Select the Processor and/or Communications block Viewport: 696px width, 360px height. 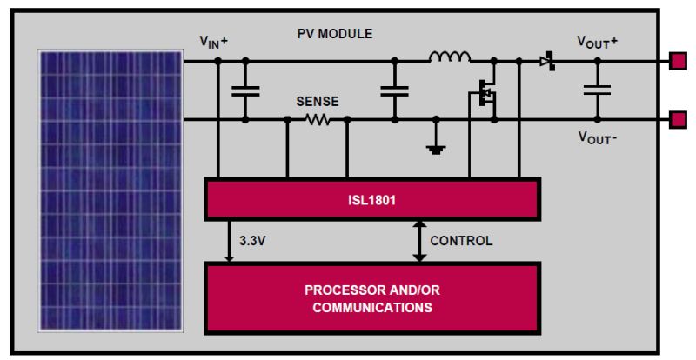click(372, 298)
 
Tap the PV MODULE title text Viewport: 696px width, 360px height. click(335, 34)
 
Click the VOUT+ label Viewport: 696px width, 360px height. click(597, 40)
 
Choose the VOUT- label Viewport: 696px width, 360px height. click(597, 138)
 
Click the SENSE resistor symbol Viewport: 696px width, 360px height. click(318, 120)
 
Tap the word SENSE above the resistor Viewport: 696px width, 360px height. click(318, 102)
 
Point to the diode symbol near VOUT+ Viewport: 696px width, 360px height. click(546, 61)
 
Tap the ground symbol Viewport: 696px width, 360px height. click(434, 148)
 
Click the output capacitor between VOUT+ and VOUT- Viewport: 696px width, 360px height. click(597, 90)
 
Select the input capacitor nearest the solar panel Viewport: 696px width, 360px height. click(244, 90)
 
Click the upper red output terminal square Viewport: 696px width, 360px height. click(677, 61)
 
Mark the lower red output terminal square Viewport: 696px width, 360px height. click(677, 120)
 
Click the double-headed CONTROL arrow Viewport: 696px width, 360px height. click(419, 240)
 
